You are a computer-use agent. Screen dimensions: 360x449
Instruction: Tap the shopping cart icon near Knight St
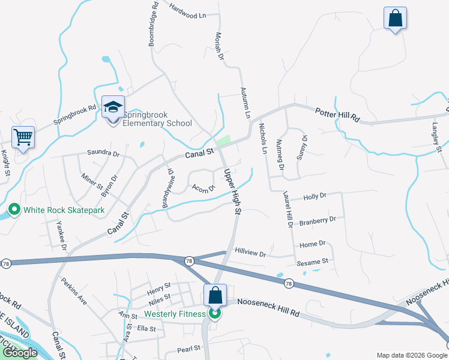23,137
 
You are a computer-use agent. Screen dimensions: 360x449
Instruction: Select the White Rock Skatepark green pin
14,210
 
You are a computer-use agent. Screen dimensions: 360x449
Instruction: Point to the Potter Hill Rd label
337,115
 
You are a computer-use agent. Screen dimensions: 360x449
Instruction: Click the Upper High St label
232,191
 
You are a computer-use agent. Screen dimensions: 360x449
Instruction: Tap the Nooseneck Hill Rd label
268,308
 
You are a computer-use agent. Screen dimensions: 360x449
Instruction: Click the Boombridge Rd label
153,24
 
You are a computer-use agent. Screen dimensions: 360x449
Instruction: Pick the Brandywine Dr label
167,189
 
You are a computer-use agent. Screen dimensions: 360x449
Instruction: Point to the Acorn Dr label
203,188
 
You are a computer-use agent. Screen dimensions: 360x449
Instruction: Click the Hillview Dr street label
250,253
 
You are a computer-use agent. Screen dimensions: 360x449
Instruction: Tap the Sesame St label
313,262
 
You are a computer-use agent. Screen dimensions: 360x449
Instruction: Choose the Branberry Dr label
318,221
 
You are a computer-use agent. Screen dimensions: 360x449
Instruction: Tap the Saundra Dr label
103,153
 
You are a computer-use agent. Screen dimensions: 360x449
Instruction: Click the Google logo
20,353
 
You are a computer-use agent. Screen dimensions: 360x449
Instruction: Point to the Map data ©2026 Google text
411,355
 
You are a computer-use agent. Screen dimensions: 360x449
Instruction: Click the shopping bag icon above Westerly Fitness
215,296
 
